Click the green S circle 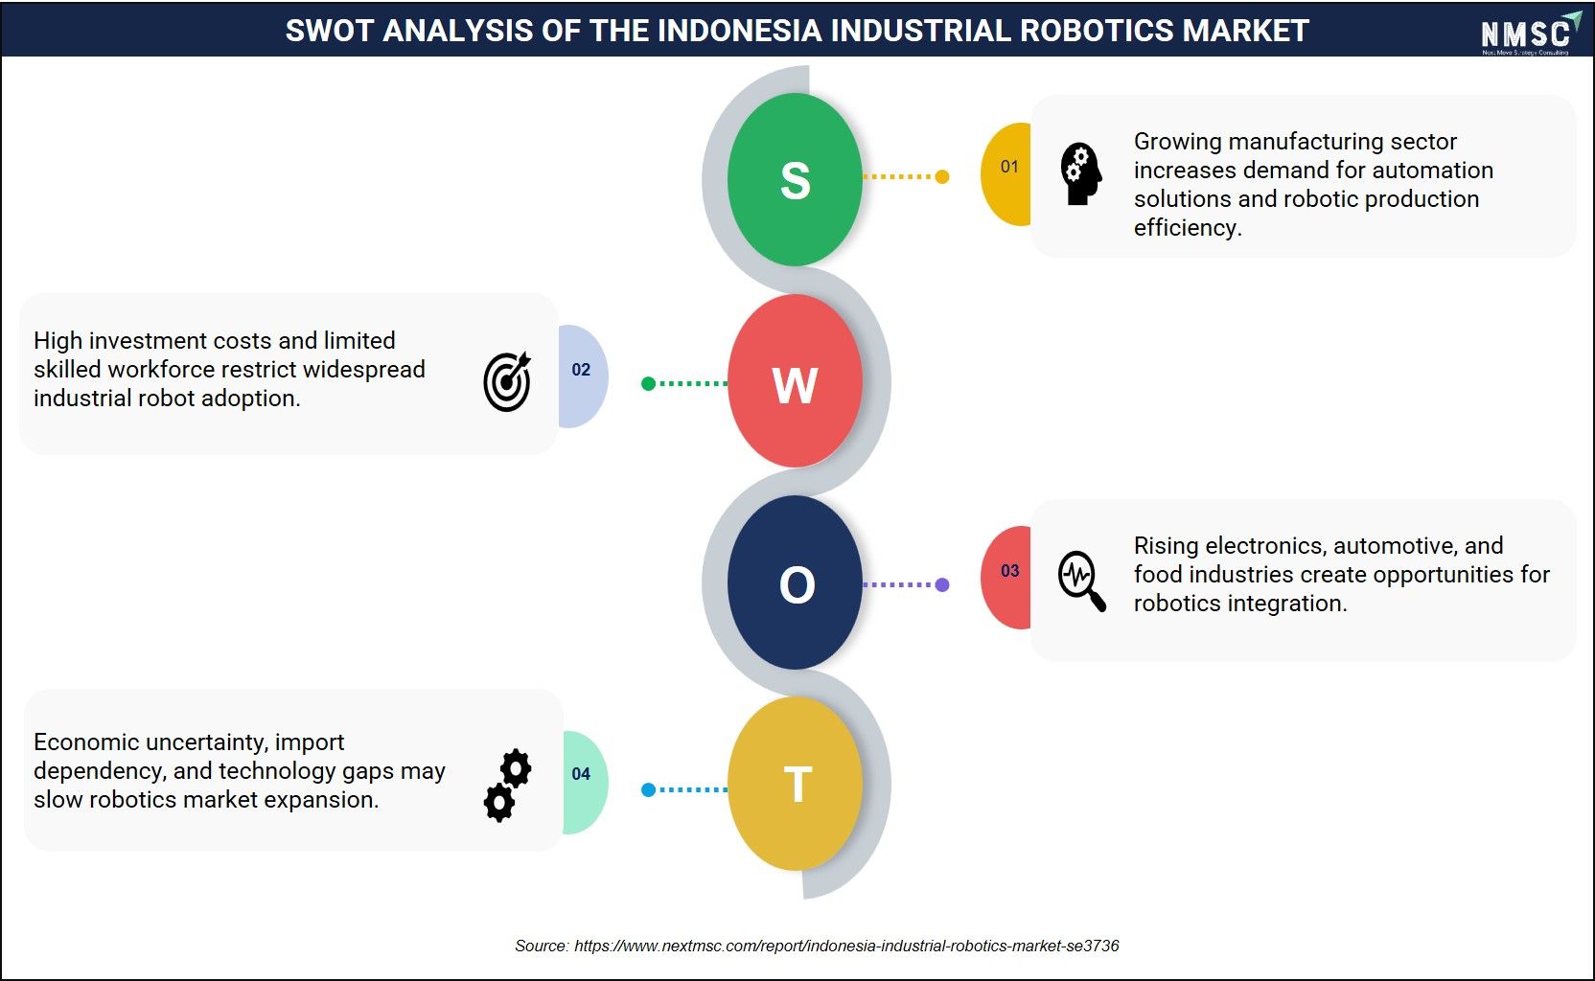tap(795, 179)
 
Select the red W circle tap(795, 381)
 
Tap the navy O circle tap(795, 582)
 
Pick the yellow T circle tap(795, 783)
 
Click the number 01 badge tap(1006, 173)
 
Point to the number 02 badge tap(583, 376)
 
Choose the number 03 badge tap(1006, 578)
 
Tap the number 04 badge tap(586, 782)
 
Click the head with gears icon tap(1081, 173)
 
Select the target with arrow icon tap(507, 381)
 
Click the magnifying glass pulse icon tap(1081, 581)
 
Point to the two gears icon tap(507, 786)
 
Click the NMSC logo tap(1530, 34)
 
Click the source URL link tap(846, 946)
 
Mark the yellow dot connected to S tap(942, 176)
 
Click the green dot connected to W tap(648, 384)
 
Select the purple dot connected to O tap(942, 584)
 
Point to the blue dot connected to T tap(648, 789)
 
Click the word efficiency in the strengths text tap(1187, 228)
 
